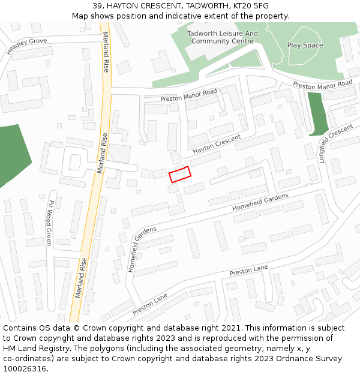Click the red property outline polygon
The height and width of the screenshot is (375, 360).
[x=180, y=174]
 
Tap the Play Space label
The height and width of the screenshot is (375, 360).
[x=305, y=45]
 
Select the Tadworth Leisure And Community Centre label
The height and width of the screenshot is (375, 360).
[x=222, y=37]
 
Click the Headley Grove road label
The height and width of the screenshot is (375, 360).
[x=26, y=46]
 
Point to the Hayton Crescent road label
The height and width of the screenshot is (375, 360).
[x=217, y=143]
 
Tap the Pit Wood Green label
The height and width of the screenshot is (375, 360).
[x=50, y=222]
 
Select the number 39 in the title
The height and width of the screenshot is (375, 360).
[x=98, y=6]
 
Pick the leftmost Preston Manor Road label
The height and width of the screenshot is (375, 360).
[x=188, y=95]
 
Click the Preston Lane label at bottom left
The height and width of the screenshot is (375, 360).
[x=150, y=305]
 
